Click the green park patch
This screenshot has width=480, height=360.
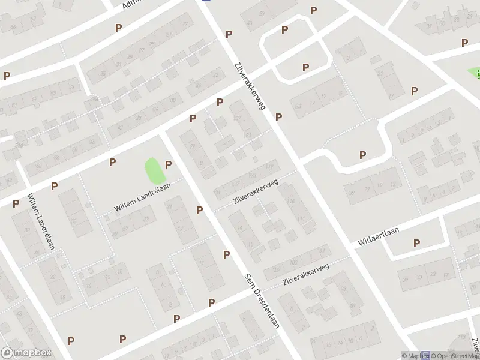click(155, 172)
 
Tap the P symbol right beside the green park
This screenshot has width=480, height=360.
click(169, 164)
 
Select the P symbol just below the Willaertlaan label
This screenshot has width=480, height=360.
click(416, 243)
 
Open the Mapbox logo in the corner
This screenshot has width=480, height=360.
click(26, 353)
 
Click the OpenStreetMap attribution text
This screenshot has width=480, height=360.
click(455, 356)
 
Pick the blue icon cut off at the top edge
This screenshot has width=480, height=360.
click(206, 1)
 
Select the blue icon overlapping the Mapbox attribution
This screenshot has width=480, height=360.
click(426, 354)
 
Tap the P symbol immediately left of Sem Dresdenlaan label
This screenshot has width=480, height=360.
click(227, 254)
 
